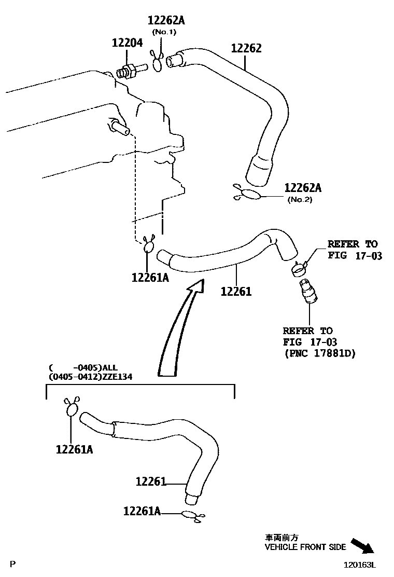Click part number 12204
click(x=127, y=44)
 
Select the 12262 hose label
click(x=246, y=48)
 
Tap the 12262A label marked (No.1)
click(x=166, y=20)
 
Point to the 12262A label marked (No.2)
click(x=303, y=188)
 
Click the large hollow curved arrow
click(x=179, y=327)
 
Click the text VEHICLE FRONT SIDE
click(x=305, y=547)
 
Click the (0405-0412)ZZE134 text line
click(x=90, y=377)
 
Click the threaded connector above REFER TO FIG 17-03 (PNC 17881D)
click(x=307, y=291)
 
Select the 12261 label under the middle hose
click(x=236, y=292)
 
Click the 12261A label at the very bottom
click(x=141, y=511)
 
